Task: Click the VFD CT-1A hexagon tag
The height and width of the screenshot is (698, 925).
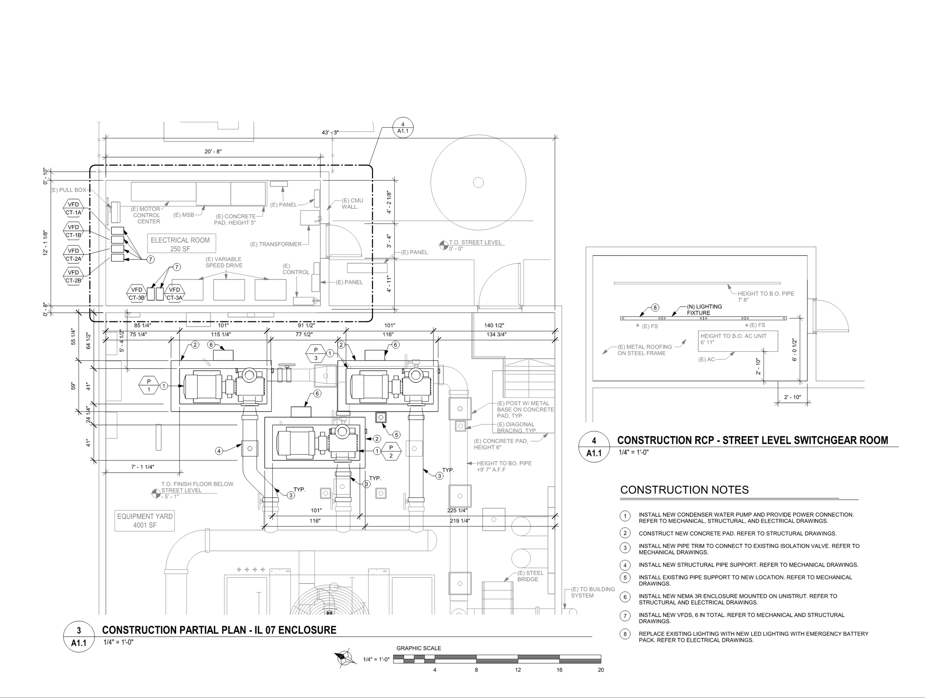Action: coord(74,208)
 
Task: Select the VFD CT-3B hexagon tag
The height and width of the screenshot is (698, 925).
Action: coord(137,293)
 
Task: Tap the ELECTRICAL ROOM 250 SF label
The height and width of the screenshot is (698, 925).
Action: coord(180,244)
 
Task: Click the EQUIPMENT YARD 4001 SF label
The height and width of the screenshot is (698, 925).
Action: coord(145,521)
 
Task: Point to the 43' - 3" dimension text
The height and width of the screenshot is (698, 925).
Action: coord(330,132)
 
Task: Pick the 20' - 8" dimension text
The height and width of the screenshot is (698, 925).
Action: coord(213,152)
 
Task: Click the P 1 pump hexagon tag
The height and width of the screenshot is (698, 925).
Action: coord(149,385)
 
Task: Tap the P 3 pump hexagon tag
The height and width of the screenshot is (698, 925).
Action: coord(316,354)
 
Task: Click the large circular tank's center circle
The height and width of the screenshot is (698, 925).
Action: coord(478,182)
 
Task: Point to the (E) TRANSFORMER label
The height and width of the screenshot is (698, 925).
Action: coord(276,244)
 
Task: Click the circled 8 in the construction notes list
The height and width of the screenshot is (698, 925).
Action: coord(625,634)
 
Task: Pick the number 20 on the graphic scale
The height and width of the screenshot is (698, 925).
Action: coord(601,670)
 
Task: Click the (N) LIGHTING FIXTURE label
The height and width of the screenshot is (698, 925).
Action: coord(704,310)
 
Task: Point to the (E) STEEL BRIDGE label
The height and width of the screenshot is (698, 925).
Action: coord(530,576)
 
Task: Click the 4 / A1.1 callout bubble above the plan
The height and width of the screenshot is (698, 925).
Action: coord(403,128)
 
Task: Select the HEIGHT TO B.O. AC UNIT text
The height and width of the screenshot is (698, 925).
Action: coord(733,336)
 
